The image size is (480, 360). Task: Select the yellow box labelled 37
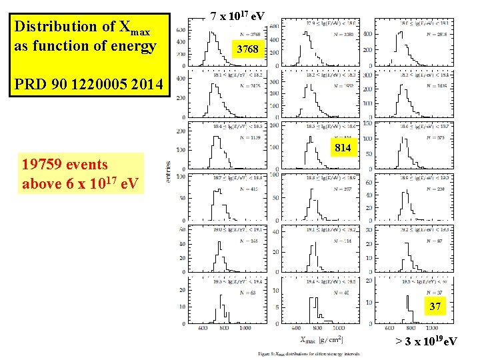(434, 306)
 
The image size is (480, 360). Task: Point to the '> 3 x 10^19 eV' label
(426, 342)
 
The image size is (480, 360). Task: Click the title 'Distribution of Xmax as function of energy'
(85, 37)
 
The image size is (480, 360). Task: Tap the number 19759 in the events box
(43, 164)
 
